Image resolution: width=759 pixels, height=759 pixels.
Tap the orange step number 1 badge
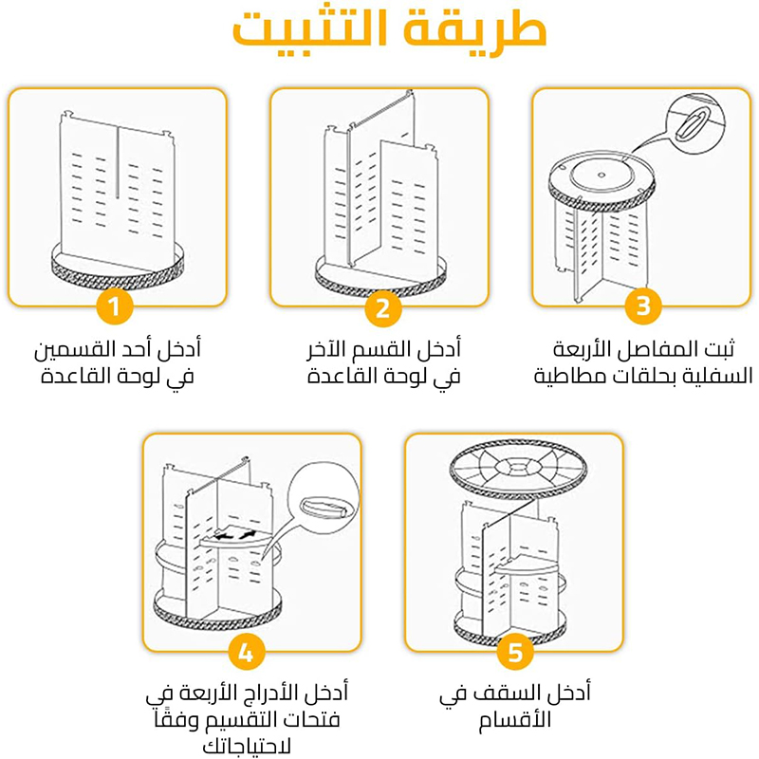point(114,306)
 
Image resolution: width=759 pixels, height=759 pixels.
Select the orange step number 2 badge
point(383,307)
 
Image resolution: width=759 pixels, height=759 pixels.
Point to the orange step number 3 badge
point(643,305)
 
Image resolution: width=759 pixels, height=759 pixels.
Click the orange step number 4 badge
point(247,653)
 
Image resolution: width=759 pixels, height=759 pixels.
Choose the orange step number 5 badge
point(515,653)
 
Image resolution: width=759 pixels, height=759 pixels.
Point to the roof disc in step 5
point(518,470)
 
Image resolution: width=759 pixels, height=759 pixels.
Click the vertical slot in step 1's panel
point(117,162)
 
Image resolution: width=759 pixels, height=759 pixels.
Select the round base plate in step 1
point(118,268)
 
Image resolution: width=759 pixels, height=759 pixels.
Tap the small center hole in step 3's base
point(602,175)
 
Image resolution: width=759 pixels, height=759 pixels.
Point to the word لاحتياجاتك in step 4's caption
point(247,746)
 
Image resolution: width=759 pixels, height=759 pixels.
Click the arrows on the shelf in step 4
point(235,535)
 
